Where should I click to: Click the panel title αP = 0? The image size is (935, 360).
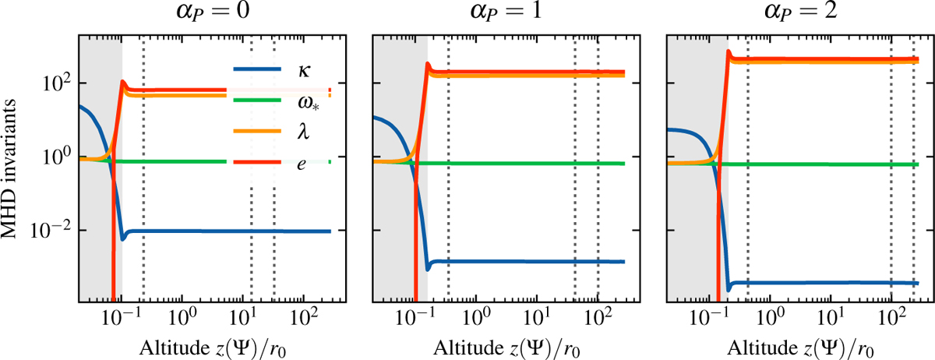206,15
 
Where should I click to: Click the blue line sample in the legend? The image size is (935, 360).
258,71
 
